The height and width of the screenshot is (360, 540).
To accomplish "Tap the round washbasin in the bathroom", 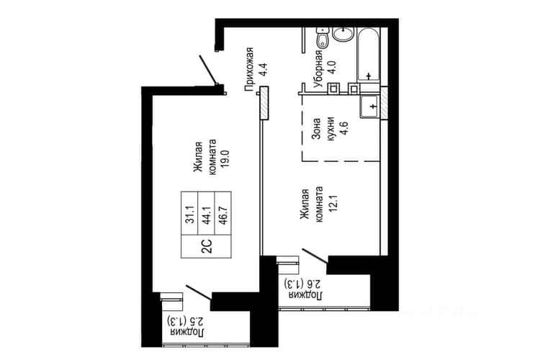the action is pos(343,34).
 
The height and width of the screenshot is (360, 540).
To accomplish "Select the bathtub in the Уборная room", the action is pos(369,55).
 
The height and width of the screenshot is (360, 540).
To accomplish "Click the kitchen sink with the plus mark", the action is pos(369,107).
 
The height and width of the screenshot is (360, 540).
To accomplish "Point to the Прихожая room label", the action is pos(249,69).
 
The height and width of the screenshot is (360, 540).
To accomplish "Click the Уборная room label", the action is pos(318,70).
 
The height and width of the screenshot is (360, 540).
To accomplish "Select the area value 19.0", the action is pos(225,158).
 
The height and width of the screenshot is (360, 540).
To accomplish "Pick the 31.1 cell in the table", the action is pos(190,214).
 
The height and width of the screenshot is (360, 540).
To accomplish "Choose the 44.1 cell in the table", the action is pos(207,214).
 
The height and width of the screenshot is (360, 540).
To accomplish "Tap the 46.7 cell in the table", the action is pos(222,214).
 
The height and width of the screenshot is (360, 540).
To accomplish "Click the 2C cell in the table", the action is pos(207,247).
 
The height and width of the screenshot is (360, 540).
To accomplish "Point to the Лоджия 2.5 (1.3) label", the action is pos(186,327).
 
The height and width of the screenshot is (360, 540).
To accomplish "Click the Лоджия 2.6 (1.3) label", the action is pos(304,289).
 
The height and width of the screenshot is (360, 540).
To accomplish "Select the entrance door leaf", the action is pos(208,70).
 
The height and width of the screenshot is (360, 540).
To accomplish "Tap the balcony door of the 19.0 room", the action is pos(199,292).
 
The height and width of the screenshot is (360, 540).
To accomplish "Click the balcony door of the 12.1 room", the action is pos(315,256).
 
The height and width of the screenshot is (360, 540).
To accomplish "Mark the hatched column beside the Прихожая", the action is pos(264,104).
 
